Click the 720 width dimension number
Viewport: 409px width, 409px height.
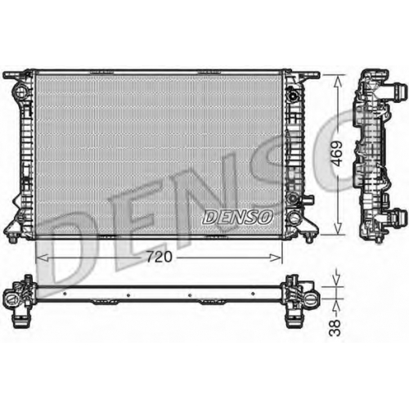tap(160, 257)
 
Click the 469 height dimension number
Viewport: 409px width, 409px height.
tap(337, 154)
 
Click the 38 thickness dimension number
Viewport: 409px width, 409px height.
tap(335, 327)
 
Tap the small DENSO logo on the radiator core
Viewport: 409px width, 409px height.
tap(238, 218)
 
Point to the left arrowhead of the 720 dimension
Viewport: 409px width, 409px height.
tap(43, 257)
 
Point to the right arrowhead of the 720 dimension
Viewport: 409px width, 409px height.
tap(275, 257)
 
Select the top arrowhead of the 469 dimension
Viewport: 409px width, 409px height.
tap(338, 82)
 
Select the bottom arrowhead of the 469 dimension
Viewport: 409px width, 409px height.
tap(338, 228)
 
